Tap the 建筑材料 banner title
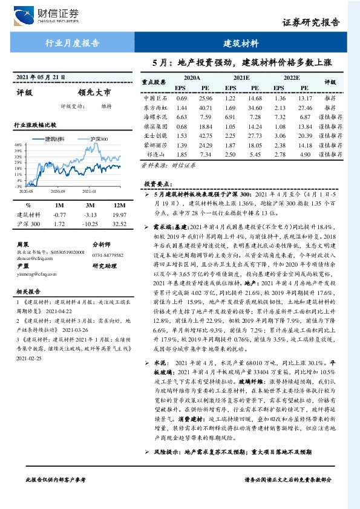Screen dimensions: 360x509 tap(241, 44)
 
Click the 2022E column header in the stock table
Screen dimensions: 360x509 tap(292, 79)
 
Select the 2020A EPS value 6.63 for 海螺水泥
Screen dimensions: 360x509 tap(182, 117)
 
